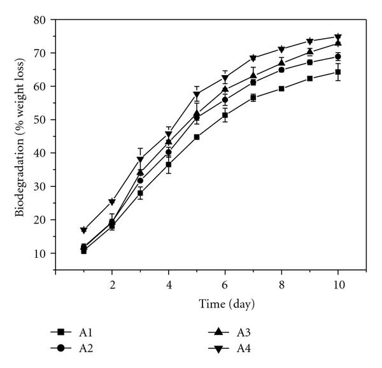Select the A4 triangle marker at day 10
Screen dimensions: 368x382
[x=338, y=37]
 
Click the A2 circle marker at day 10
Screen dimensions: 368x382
[x=338, y=57]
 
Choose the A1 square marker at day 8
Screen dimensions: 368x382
[x=281, y=88]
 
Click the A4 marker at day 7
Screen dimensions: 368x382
[x=253, y=58]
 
